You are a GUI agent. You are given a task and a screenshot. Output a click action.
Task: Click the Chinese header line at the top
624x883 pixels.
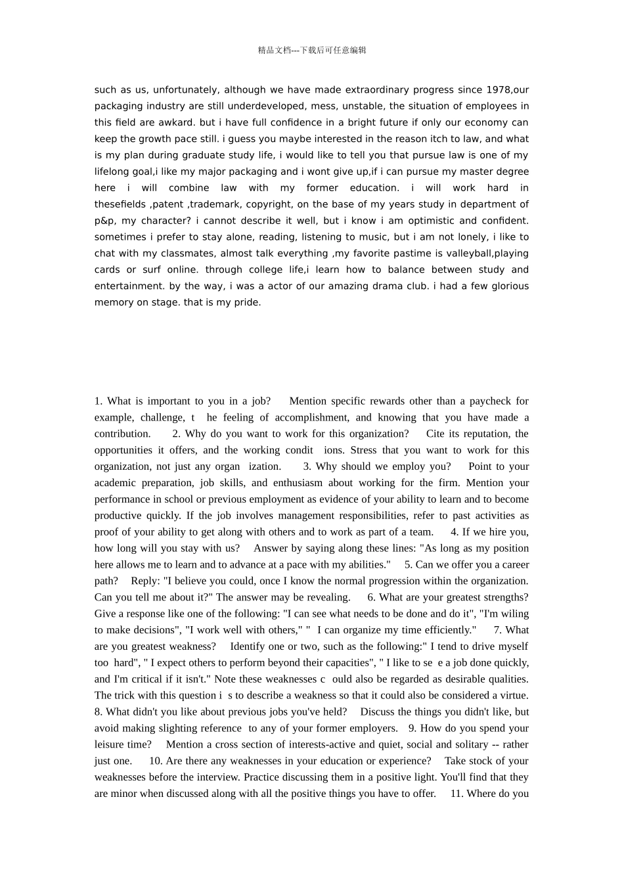click(312, 50)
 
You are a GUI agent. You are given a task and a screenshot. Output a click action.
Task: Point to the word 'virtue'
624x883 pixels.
click(512, 695)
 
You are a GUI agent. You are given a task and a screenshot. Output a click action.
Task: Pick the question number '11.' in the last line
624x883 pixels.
click(457, 794)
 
